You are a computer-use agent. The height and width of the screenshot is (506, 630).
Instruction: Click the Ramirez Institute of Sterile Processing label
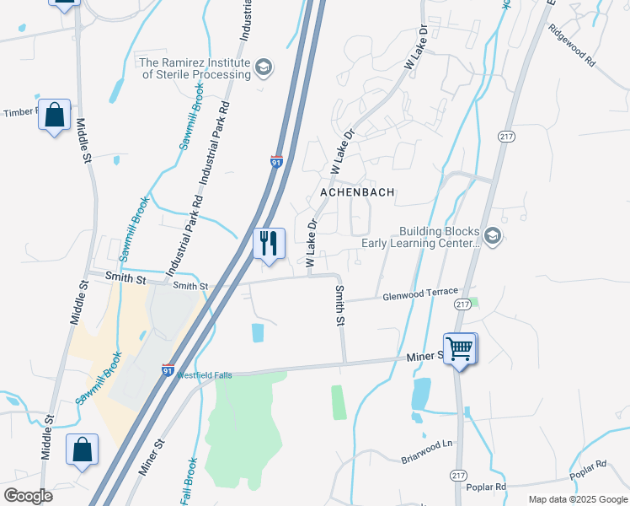195,68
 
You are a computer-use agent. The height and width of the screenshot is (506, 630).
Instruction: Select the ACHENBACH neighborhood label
357,192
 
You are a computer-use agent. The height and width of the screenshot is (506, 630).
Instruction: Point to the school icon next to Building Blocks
493,236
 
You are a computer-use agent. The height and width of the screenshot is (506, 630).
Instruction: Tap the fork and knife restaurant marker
270,245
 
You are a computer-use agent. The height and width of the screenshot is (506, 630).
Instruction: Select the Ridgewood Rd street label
572,51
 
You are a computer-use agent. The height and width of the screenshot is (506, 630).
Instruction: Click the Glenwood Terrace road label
420,293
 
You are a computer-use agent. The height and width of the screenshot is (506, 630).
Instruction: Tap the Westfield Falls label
203,375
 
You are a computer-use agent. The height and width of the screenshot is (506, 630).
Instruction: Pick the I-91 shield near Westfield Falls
168,369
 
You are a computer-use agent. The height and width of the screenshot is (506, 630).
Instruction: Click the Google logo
27,496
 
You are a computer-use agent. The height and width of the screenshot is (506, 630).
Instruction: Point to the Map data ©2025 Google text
577,499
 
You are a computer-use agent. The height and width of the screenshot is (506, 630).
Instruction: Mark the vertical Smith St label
340,305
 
